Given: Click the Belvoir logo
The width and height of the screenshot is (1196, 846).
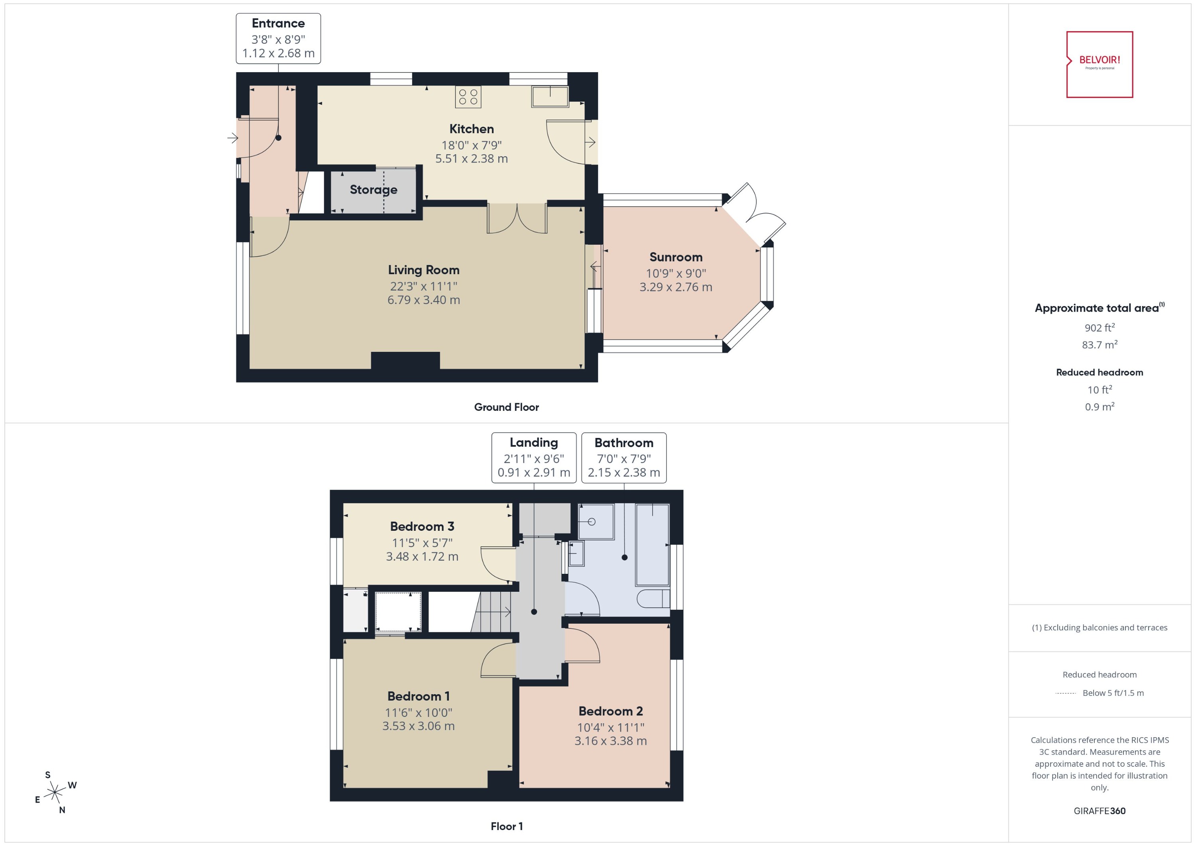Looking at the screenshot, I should click(x=1099, y=64).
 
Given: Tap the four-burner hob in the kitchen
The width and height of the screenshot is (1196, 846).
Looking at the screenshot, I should click(x=468, y=97).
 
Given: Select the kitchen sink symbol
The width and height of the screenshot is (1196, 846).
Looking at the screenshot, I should click(x=550, y=97).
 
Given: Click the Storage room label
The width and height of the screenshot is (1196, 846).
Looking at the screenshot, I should click(x=373, y=190).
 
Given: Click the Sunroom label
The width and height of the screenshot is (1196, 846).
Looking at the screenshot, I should click(x=675, y=257).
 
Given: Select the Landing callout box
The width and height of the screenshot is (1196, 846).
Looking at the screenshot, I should click(x=534, y=457).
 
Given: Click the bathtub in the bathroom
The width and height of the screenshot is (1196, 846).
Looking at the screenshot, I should click(x=652, y=544).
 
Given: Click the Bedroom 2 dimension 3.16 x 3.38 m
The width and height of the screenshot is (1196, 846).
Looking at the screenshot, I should click(x=610, y=741).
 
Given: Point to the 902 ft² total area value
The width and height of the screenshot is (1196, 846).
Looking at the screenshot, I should click(x=1099, y=328).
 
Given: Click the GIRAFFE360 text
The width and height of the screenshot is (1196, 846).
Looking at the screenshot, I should click(x=1099, y=811).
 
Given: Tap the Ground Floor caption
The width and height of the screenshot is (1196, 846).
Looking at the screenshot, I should click(x=506, y=407).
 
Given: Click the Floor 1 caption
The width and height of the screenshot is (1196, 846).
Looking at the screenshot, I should click(x=506, y=826).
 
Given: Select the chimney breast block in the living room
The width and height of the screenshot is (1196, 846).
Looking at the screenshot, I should click(x=405, y=361).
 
